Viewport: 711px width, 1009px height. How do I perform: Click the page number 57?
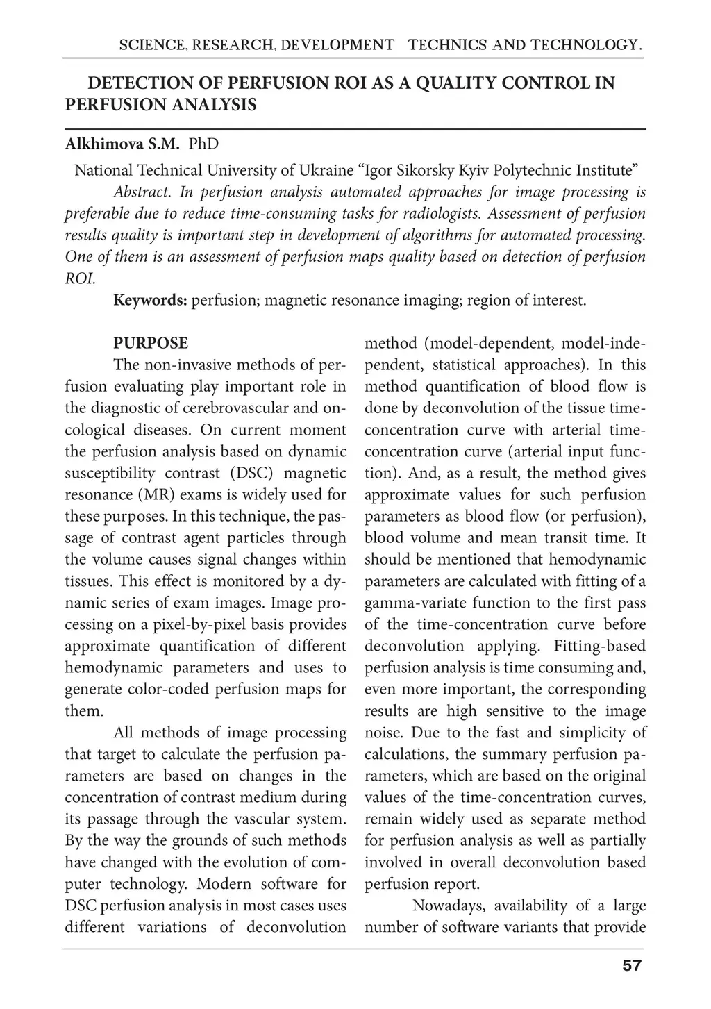tap(632, 965)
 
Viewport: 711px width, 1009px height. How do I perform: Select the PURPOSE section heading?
tap(151, 343)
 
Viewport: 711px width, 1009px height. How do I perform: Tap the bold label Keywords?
tap(150, 301)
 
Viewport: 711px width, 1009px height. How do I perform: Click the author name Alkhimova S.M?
tap(122, 144)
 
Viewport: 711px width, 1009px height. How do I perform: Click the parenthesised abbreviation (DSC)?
tap(254, 473)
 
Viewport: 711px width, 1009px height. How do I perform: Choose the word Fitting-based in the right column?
tap(599, 646)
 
